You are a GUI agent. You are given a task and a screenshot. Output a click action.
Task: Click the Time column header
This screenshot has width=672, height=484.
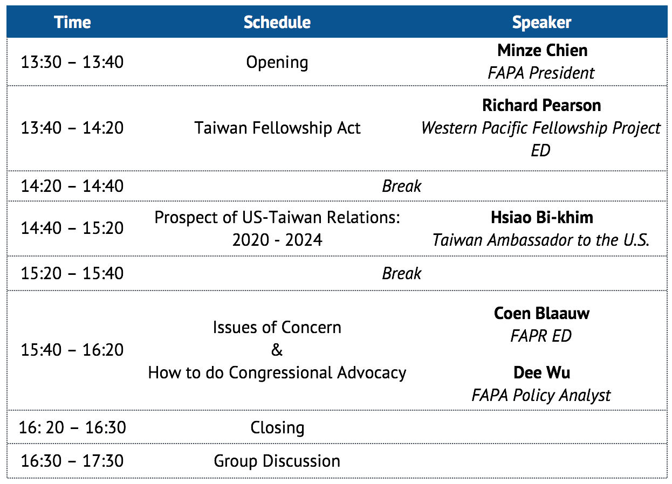pos(72,22)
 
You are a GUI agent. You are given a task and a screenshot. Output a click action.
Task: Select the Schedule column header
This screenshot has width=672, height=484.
pos(277,22)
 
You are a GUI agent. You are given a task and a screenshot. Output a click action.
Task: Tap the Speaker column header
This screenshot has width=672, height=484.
pos(541,22)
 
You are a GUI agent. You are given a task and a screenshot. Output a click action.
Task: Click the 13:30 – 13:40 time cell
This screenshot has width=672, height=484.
pos(72,62)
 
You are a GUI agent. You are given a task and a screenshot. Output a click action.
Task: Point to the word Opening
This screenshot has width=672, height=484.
pos(277,63)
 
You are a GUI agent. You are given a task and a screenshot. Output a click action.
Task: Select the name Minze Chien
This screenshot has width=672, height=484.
pos(542,50)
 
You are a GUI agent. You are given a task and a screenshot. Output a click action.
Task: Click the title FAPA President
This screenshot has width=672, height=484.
pos(541,73)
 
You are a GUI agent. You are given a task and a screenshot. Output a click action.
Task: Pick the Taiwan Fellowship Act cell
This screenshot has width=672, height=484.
pos(277,128)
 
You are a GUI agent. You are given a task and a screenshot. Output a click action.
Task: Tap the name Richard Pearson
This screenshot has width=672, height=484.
pos(541,105)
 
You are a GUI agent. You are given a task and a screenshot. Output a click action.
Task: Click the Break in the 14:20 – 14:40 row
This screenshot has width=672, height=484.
pos(401,186)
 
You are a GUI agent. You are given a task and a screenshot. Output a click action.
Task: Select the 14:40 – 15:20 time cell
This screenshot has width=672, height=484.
pos(72,228)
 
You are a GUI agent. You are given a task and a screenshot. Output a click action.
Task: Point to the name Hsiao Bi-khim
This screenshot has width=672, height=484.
pos(542,217)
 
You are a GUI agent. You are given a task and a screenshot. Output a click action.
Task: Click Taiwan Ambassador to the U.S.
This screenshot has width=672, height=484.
pos(541,240)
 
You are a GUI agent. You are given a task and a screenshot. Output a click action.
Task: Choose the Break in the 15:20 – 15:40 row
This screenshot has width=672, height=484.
pos(401,273)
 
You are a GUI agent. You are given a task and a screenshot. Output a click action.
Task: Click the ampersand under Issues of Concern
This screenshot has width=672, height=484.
pos(277,350)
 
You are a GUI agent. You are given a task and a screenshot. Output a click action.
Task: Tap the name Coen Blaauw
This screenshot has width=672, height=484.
pos(541,313)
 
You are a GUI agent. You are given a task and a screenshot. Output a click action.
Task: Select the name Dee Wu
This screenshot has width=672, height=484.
pos(541,372)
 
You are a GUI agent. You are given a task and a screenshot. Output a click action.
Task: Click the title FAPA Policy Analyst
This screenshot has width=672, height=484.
pos(541,396)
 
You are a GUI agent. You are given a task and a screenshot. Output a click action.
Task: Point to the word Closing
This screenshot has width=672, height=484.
pos(277,427)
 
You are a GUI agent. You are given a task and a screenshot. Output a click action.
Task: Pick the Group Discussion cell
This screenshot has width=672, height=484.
pos(277,461)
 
